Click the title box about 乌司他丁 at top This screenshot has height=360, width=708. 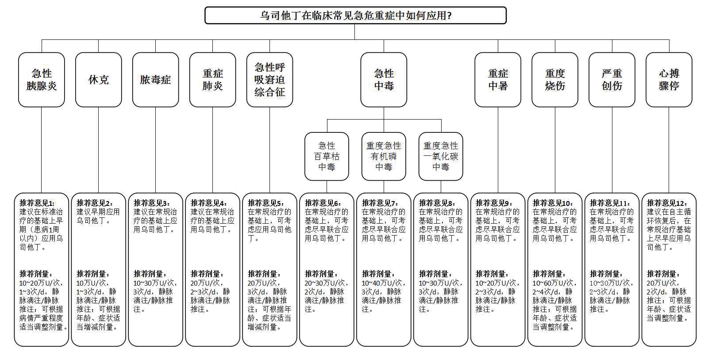coord(355,15)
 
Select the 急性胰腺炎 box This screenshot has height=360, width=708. coord(42,80)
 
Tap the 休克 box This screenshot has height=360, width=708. coord(98,80)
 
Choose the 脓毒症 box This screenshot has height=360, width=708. coord(155,80)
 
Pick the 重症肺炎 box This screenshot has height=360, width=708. coord(212,80)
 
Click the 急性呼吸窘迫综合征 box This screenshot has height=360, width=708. coord(269,80)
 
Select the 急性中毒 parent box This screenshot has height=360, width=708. coord(384,80)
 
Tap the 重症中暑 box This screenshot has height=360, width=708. coord(498,80)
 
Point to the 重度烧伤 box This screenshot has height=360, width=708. coord(555,80)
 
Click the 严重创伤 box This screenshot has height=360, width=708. coord(612,80)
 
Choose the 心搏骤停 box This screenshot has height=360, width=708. coord(669,80)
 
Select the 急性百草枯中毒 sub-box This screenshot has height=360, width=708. coord(327,156)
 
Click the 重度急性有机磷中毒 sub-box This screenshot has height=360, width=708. coord(384,156)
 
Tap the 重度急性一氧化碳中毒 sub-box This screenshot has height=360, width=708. coord(441,156)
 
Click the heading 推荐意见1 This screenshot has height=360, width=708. coord(37,203)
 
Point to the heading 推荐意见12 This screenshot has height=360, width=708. coord(666,203)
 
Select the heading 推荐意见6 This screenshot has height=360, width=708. coord(323,203)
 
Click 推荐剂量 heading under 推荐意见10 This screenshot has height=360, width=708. coord(549,274)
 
